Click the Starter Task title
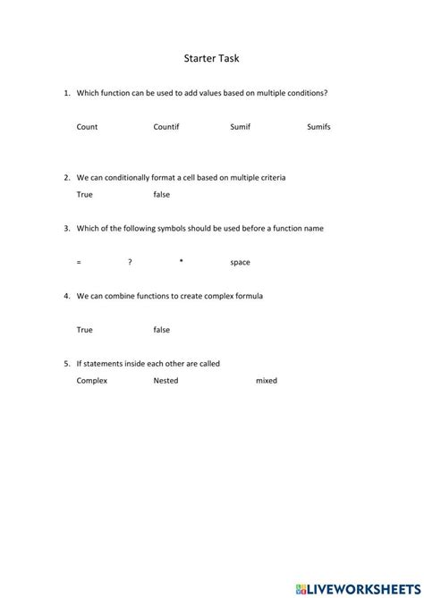pyautogui.click(x=211, y=59)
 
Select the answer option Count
pyautogui.click(x=87, y=127)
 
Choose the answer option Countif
pyautogui.click(x=166, y=127)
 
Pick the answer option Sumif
pyautogui.click(x=241, y=127)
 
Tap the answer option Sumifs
pyautogui.click(x=318, y=127)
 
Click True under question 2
pyautogui.click(x=85, y=194)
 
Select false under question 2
pyautogui.click(x=162, y=194)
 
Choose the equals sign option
pyautogui.click(x=79, y=262)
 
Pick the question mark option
pyautogui.click(x=130, y=262)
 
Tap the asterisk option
pyautogui.click(x=181, y=261)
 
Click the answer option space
pyautogui.click(x=240, y=263)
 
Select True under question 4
pyautogui.click(x=85, y=330)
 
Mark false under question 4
pyautogui.click(x=162, y=330)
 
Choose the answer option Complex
pyautogui.click(x=92, y=381)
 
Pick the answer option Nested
pyautogui.click(x=165, y=380)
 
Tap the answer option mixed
pyautogui.click(x=267, y=381)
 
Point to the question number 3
pyautogui.click(x=67, y=228)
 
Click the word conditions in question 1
pyautogui.click(x=295, y=93)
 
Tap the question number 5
pyautogui.click(x=67, y=364)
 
